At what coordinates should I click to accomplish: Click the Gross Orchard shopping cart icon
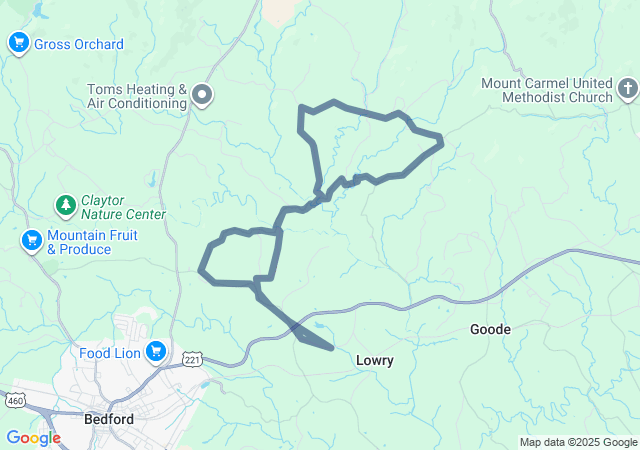pyautogui.click(x=18, y=43)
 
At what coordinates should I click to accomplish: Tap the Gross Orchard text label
pyautogui.click(x=79, y=44)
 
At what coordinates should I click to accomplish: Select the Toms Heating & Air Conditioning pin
pyautogui.click(x=203, y=95)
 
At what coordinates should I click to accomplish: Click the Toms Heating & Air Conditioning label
pyautogui.click(x=138, y=96)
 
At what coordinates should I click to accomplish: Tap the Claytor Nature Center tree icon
pyautogui.click(x=66, y=206)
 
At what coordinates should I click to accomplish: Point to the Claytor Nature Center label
pyautogui.click(x=123, y=207)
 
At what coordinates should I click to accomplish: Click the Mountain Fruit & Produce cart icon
pyautogui.click(x=32, y=241)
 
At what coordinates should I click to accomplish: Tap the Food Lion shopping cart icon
pyautogui.click(x=156, y=351)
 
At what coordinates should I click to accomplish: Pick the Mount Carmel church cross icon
pyautogui.click(x=627, y=91)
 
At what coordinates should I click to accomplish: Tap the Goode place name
pyautogui.click(x=491, y=329)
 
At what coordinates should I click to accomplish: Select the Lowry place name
pyautogui.click(x=375, y=360)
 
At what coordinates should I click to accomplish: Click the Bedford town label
pyautogui.click(x=110, y=419)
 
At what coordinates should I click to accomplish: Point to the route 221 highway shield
pyautogui.click(x=193, y=358)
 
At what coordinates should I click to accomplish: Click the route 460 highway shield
pyautogui.click(x=14, y=400)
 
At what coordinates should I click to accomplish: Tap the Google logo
pyautogui.click(x=33, y=438)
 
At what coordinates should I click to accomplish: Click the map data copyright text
pyautogui.click(x=578, y=442)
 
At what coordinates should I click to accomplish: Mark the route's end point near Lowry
pyautogui.click(x=331, y=348)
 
